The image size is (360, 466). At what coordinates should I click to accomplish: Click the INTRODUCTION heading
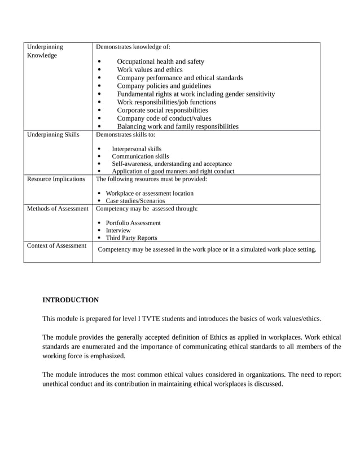pos(71,300)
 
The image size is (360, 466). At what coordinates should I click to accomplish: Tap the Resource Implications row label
pos(56,179)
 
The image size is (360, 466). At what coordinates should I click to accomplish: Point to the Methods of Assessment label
pos(58,209)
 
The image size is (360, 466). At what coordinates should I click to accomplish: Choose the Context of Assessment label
pos(56,246)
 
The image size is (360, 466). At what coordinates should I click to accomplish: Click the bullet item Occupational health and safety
pos(160,61)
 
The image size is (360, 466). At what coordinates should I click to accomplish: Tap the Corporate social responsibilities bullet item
pos(162,111)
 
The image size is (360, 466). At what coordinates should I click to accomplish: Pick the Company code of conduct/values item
pos(164,118)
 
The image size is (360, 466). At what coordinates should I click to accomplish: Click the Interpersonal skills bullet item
pos(136,150)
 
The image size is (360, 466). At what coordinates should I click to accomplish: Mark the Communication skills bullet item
pos(140,156)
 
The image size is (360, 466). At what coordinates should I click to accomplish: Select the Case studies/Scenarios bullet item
pos(135,201)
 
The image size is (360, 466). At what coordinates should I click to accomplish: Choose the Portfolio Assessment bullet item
pos(133,223)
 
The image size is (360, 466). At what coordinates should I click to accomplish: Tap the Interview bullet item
pos(118,231)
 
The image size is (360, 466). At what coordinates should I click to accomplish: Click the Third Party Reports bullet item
pos(131,238)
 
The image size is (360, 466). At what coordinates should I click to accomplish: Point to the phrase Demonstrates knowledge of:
pos(133,47)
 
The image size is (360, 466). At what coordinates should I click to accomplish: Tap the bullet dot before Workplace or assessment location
pos(99,194)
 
